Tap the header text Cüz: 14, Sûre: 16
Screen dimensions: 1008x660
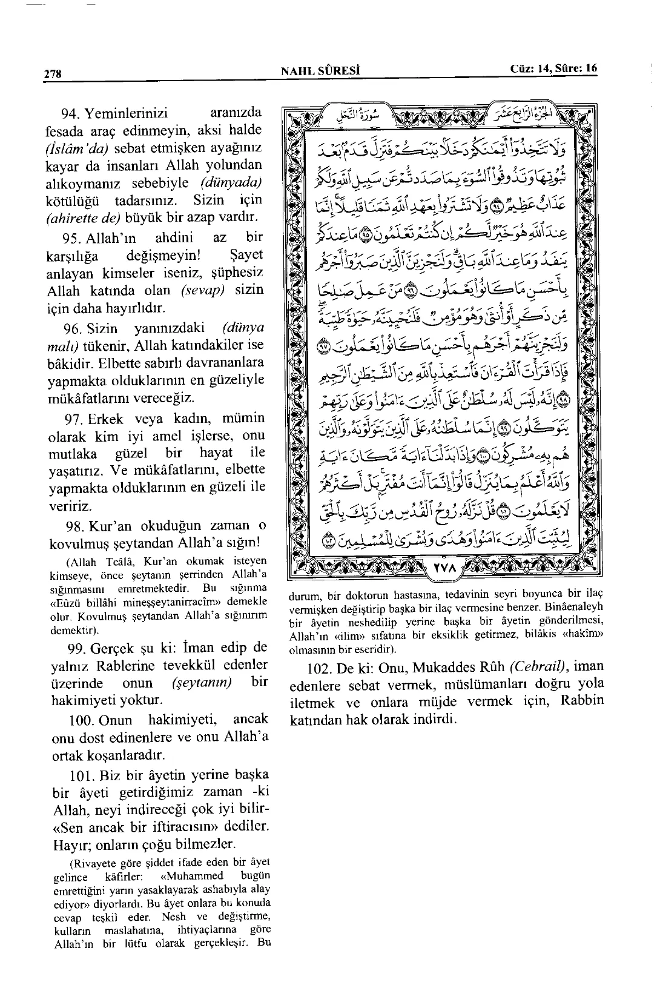pyautogui.click(x=553, y=69)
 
